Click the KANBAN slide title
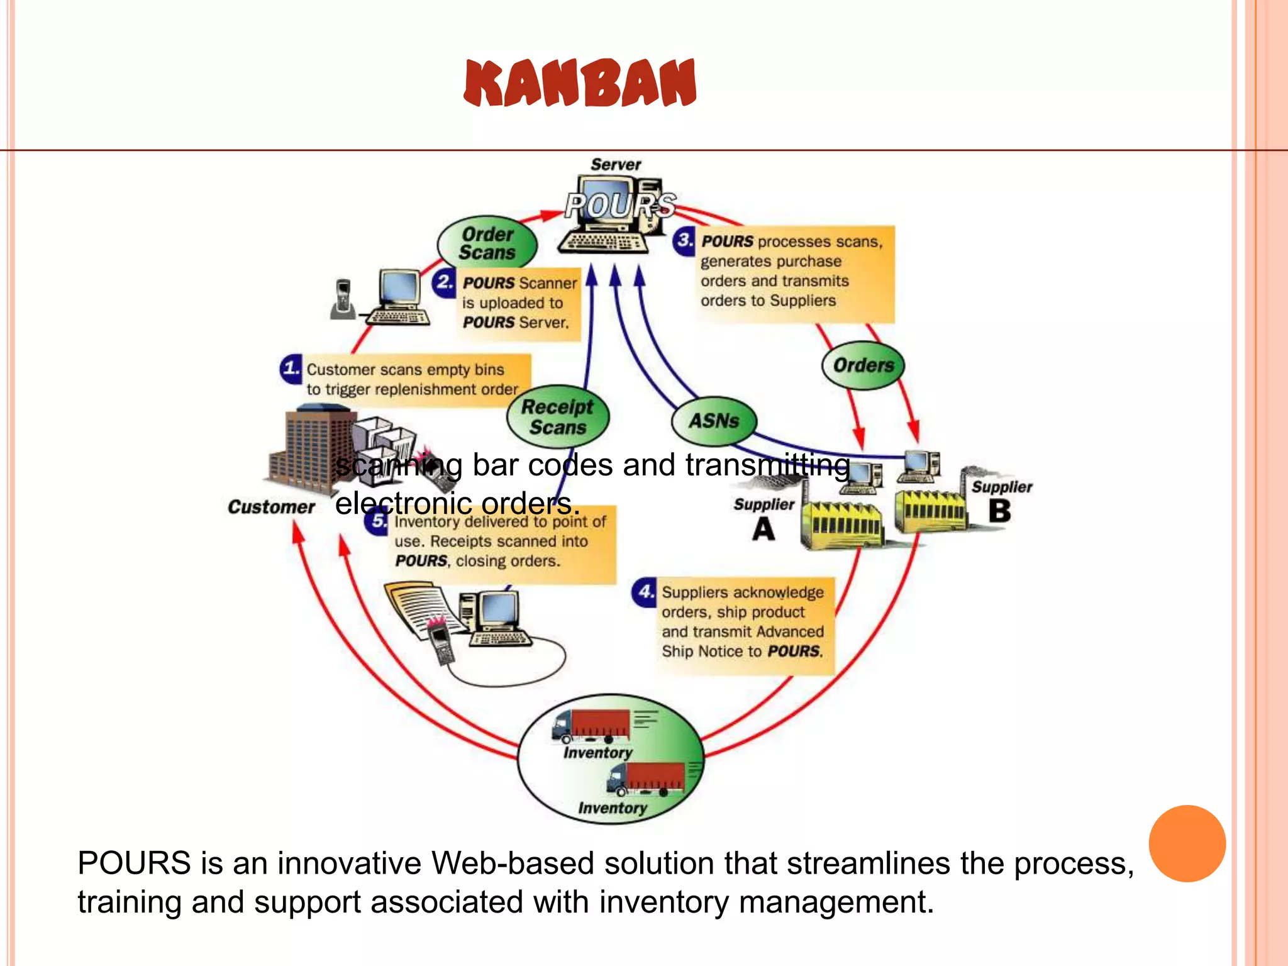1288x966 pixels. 580,83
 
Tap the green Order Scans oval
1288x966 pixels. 487,243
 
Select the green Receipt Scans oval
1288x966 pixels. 558,417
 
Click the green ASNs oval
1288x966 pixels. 714,420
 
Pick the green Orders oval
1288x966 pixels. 863,365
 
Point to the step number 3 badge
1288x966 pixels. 685,240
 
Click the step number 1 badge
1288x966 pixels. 291,368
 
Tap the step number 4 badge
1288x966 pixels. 645,592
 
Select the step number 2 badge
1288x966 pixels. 445,281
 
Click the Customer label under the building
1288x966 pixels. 271,507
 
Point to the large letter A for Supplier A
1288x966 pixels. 763,529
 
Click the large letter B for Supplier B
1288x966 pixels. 999,511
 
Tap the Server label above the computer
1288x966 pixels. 616,165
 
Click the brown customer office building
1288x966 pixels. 308,450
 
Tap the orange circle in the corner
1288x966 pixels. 1187,843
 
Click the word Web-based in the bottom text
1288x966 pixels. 512,863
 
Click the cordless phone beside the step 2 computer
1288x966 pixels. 342,299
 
